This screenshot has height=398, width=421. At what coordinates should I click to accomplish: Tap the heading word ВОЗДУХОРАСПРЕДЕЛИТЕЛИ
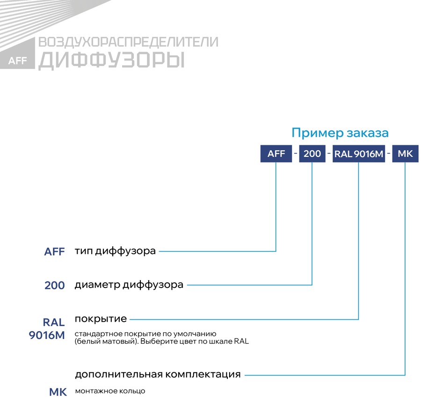[128, 42]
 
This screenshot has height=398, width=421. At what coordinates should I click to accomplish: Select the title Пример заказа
[340, 133]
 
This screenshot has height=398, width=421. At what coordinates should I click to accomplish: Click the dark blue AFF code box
[276, 154]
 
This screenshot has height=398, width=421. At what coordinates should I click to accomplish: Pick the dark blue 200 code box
[312, 154]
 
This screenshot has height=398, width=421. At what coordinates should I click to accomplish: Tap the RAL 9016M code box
[359, 154]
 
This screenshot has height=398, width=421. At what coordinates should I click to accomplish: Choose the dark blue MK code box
[406, 154]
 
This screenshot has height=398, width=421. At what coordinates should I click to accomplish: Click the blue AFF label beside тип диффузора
[55, 252]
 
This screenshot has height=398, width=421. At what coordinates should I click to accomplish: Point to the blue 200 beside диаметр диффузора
[55, 286]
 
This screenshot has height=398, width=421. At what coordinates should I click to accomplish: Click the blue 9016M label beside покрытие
[47, 335]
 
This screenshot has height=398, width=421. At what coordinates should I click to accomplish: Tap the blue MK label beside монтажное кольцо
[58, 392]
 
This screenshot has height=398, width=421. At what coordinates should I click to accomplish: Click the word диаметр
[97, 285]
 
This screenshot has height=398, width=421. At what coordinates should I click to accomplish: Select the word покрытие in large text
[101, 319]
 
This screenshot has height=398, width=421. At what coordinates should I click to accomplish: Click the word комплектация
[203, 374]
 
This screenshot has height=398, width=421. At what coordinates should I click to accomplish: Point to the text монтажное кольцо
[110, 391]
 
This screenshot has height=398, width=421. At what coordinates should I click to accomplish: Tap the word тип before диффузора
[84, 251]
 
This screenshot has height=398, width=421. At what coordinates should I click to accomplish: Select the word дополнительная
[119, 374]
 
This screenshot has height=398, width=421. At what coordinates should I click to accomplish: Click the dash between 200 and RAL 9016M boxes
[329, 154]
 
